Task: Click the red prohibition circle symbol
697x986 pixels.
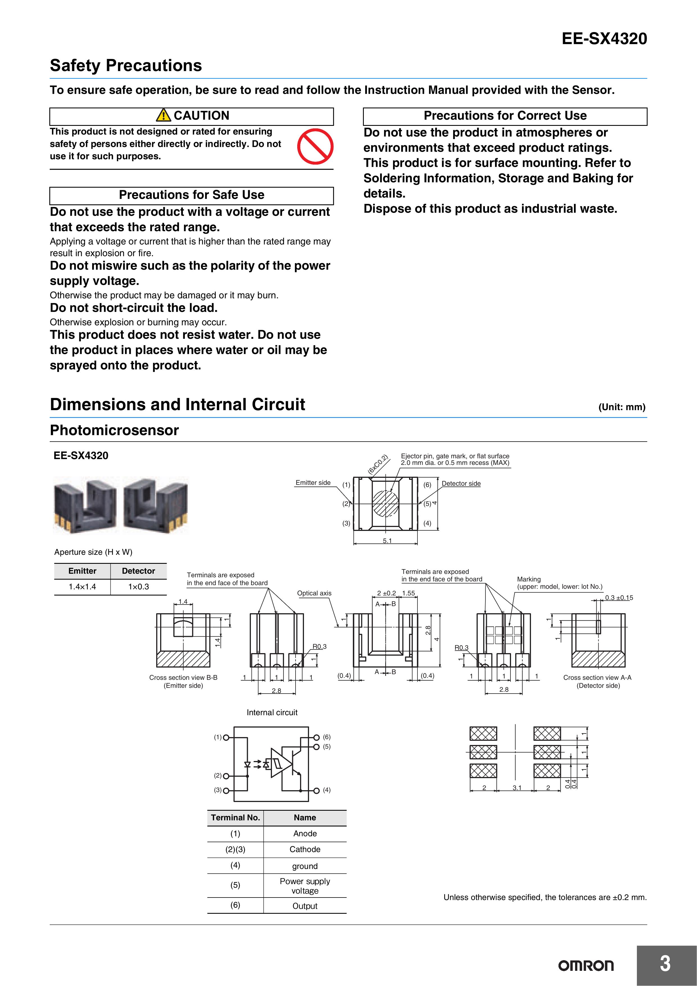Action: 315,146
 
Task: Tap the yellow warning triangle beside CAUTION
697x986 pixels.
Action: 163,115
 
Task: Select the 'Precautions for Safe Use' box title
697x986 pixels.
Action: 192,195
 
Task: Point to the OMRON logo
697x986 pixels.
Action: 586,965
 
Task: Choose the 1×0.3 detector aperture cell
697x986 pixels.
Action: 138,587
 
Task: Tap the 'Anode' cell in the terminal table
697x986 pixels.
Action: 305,833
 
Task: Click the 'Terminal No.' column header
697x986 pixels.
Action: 235,818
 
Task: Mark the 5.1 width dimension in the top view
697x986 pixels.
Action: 387,541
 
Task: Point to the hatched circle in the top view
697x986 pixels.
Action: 386,503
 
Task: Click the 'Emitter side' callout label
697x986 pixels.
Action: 313,483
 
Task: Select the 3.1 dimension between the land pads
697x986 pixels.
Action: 517,788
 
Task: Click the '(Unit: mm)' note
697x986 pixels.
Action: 622,407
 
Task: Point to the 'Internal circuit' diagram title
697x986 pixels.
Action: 272,712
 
